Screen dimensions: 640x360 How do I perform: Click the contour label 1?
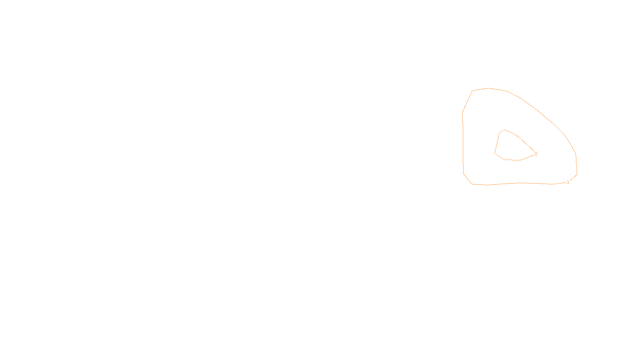click(568, 182)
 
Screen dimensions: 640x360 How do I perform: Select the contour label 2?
click(536, 154)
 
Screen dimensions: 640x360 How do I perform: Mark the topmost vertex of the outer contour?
click(488, 88)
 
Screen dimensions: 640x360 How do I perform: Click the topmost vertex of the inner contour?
click(504, 130)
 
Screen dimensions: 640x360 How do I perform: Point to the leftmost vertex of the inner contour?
click(495, 153)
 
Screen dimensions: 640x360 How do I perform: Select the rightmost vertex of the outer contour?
click(577, 174)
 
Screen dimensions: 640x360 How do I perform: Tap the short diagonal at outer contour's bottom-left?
click(468, 179)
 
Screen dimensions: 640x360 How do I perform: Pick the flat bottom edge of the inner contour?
click(512, 160)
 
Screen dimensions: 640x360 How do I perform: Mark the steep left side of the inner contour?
click(497, 142)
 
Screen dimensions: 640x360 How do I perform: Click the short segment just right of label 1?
click(573, 178)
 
